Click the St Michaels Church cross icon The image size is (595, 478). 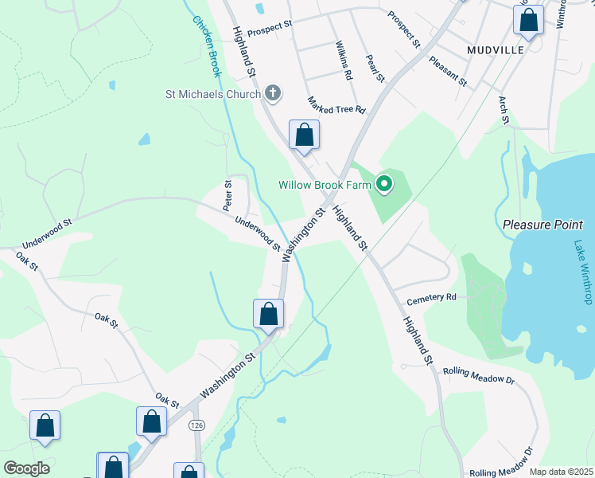[272, 94]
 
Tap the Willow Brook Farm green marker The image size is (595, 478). [384, 185]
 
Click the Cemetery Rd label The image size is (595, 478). [431, 298]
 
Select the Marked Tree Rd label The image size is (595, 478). [336, 105]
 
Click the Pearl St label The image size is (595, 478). [375, 68]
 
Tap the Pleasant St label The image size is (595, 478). [447, 71]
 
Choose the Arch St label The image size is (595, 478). [504, 110]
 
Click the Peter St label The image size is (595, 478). [228, 194]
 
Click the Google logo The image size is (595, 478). [26, 468]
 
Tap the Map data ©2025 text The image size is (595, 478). [560, 472]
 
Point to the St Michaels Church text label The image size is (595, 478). [212, 95]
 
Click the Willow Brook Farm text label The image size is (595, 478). [325, 185]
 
